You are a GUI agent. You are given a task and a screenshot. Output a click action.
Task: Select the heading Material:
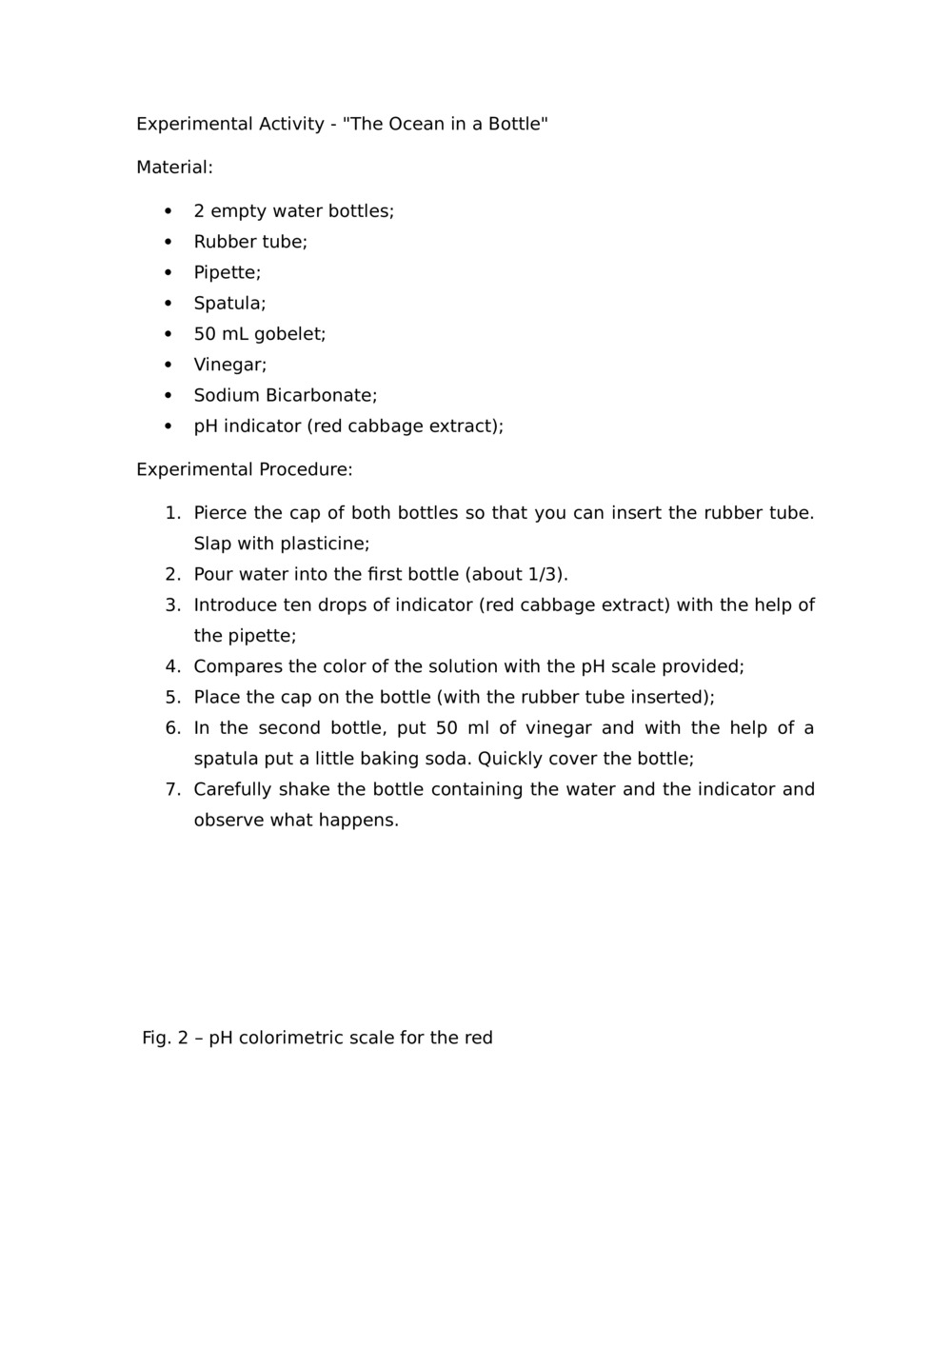pyautogui.click(x=174, y=168)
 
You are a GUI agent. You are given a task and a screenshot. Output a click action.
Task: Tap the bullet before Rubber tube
pyautogui.click(x=169, y=242)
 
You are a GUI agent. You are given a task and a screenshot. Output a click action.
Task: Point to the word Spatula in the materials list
pyautogui.click(x=229, y=304)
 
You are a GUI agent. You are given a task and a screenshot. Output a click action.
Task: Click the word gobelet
pyautogui.click(x=289, y=334)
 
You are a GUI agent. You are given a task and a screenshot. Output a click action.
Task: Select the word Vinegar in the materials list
pyautogui.click(x=229, y=365)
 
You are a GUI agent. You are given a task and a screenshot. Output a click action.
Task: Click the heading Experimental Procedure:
pyautogui.click(x=244, y=469)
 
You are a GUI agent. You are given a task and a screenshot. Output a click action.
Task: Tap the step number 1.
pyautogui.click(x=172, y=513)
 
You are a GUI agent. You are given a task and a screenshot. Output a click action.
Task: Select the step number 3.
pyautogui.click(x=172, y=605)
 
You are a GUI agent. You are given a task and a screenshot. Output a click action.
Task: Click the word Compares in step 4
pyautogui.click(x=237, y=666)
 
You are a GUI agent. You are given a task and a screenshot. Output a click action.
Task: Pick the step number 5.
pyautogui.click(x=172, y=697)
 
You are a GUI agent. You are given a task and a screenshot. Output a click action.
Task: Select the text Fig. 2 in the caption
pyautogui.click(x=166, y=1038)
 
